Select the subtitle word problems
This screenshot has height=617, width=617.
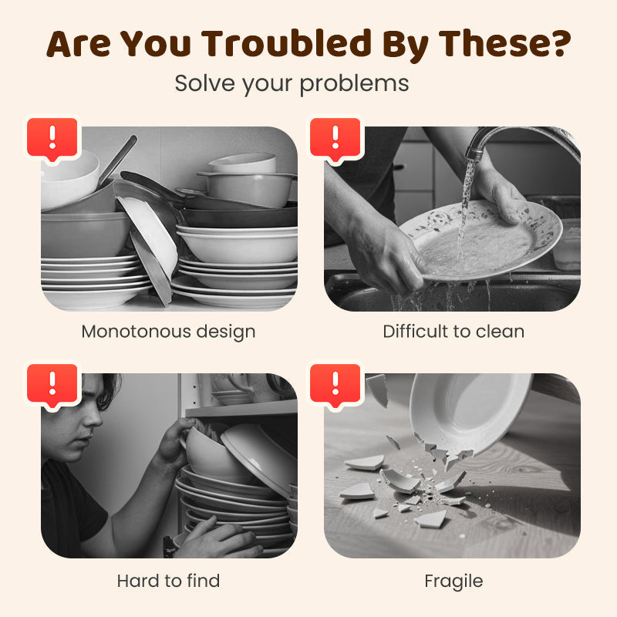pos(354,84)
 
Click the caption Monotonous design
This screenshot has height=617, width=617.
pos(168,332)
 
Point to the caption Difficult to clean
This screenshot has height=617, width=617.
pos(453,332)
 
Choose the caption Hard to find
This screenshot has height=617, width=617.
pos(168,581)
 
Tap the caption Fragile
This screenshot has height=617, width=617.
pos(453,582)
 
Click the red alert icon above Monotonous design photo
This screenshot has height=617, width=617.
pos(52,139)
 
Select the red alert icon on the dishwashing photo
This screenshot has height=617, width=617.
pos(335,139)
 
